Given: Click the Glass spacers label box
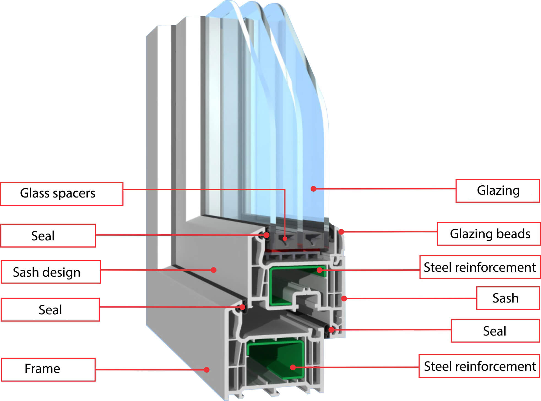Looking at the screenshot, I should (62, 194).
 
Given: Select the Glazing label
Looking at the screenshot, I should (497, 191).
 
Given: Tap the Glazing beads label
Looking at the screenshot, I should (489, 234).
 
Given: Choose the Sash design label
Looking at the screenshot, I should (51, 272).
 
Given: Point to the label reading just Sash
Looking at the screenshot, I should (508, 298).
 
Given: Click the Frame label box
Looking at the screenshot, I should (48, 369).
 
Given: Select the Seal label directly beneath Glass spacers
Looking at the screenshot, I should (48, 236).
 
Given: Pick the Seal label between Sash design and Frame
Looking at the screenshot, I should (50, 310).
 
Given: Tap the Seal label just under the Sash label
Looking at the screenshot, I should (495, 331).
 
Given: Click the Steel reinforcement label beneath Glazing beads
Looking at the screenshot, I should (480, 267).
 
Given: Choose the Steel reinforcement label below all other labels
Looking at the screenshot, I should (479, 366).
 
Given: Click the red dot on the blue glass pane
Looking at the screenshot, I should (313, 189).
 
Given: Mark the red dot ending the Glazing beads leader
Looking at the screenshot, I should (341, 232).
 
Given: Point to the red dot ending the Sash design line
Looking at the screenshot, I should (213, 270).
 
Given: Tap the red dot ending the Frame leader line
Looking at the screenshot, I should (206, 370).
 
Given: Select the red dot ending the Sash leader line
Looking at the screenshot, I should (344, 298).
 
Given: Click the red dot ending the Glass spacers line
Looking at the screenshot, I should (285, 238).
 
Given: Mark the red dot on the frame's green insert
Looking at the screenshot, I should (293, 367).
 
